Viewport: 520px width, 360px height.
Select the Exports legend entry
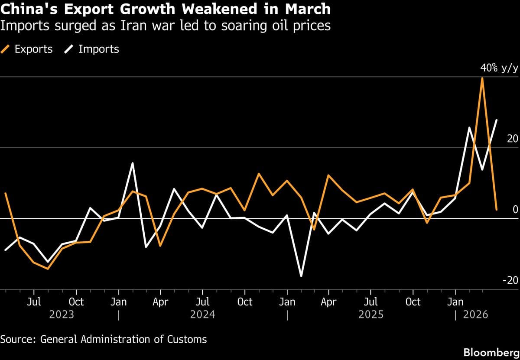pyautogui.click(x=28, y=49)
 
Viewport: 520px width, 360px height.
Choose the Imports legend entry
pyautogui.click(x=92, y=49)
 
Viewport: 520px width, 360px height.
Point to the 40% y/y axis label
pyautogui.click(x=499, y=68)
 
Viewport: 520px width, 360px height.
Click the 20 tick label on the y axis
pyautogui.click(x=512, y=139)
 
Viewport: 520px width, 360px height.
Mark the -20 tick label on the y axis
pyautogui.click(x=510, y=280)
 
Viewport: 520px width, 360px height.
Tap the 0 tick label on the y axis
pyautogui.click(x=515, y=210)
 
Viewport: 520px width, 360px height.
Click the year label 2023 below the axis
pyautogui.click(x=61, y=314)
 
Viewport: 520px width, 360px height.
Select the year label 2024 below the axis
pyautogui.click(x=202, y=314)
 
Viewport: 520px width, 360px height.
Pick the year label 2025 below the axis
pyautogui.click(x=370, y=314)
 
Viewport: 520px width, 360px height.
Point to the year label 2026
pyautogui.click(x=475, y=314)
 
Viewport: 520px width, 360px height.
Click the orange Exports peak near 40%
pyautogui.click(x=482, y=78)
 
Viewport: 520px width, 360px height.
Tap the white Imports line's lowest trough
pyautogui.click(x=301, y=276)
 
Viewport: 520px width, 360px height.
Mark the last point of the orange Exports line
pyautogui.click(x=496, y=210)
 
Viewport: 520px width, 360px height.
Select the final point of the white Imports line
pyautogui.click(x=497, y=120)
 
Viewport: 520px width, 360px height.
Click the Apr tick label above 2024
pyautogui.click(x=160, y=302)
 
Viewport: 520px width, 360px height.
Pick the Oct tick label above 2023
pyautogui.click(x=76, y=302)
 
